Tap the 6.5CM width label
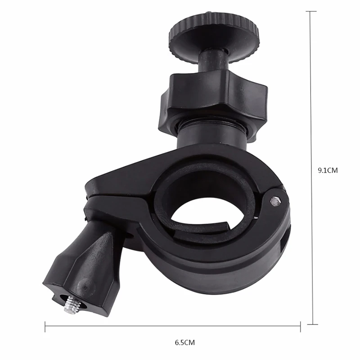(x=184, y=342)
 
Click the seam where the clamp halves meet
(x=117, y=197)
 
